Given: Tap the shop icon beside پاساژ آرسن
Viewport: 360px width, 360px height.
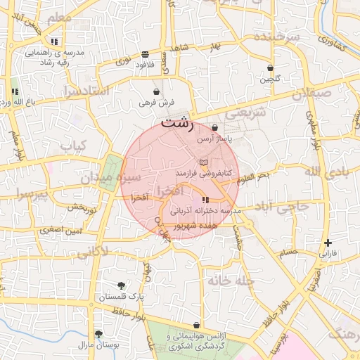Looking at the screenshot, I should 214,128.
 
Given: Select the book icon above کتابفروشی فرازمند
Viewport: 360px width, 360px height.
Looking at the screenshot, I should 203,162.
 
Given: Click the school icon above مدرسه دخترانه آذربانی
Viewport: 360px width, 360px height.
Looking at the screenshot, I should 205,200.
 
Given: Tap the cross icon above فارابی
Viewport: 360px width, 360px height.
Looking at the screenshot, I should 328,243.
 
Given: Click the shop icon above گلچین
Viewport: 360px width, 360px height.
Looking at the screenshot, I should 271,68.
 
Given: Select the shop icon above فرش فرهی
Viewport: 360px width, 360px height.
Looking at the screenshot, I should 156,91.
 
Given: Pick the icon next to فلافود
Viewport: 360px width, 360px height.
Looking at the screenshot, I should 144,54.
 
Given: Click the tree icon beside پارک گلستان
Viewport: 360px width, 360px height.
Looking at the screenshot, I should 122,285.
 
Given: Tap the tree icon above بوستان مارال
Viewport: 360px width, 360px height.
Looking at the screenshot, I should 98,333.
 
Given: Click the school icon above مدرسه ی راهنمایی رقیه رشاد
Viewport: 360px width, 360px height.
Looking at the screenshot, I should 54,41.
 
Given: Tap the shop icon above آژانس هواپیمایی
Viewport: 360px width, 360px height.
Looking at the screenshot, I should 196,326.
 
